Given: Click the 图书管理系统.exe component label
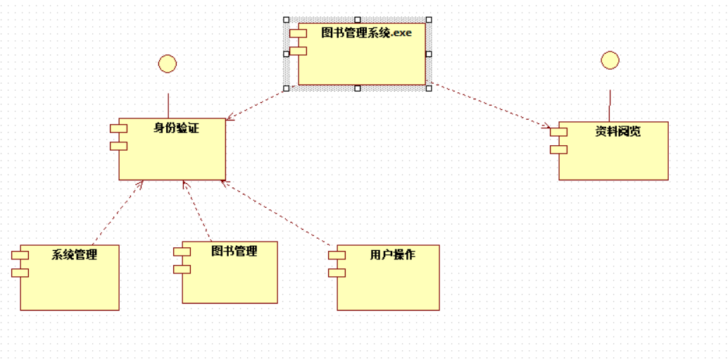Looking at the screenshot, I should pos(366,32).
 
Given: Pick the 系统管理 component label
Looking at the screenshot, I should pos(74,254).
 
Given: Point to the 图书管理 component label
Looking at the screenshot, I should pos(234,251).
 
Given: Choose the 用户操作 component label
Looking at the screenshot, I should pos(392,254).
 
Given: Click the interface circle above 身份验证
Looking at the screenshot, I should pos(168,64).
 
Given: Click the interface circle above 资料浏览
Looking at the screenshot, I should pos(610,60).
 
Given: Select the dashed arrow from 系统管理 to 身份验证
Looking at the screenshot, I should pos(118,212).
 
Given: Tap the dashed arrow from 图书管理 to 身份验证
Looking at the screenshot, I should pos(198,211).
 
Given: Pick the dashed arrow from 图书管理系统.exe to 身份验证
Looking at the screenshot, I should pos(256,104).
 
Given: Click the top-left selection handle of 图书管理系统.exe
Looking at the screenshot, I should pos(286,20).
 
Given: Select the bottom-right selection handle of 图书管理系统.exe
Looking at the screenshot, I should pos(429,88).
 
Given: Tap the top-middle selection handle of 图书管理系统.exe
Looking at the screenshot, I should pos(358,20).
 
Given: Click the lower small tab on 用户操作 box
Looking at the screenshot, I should pos(337,272).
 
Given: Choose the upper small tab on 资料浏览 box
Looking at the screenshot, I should pos(558,132).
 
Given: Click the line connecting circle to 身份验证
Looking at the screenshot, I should pos(168,105).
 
